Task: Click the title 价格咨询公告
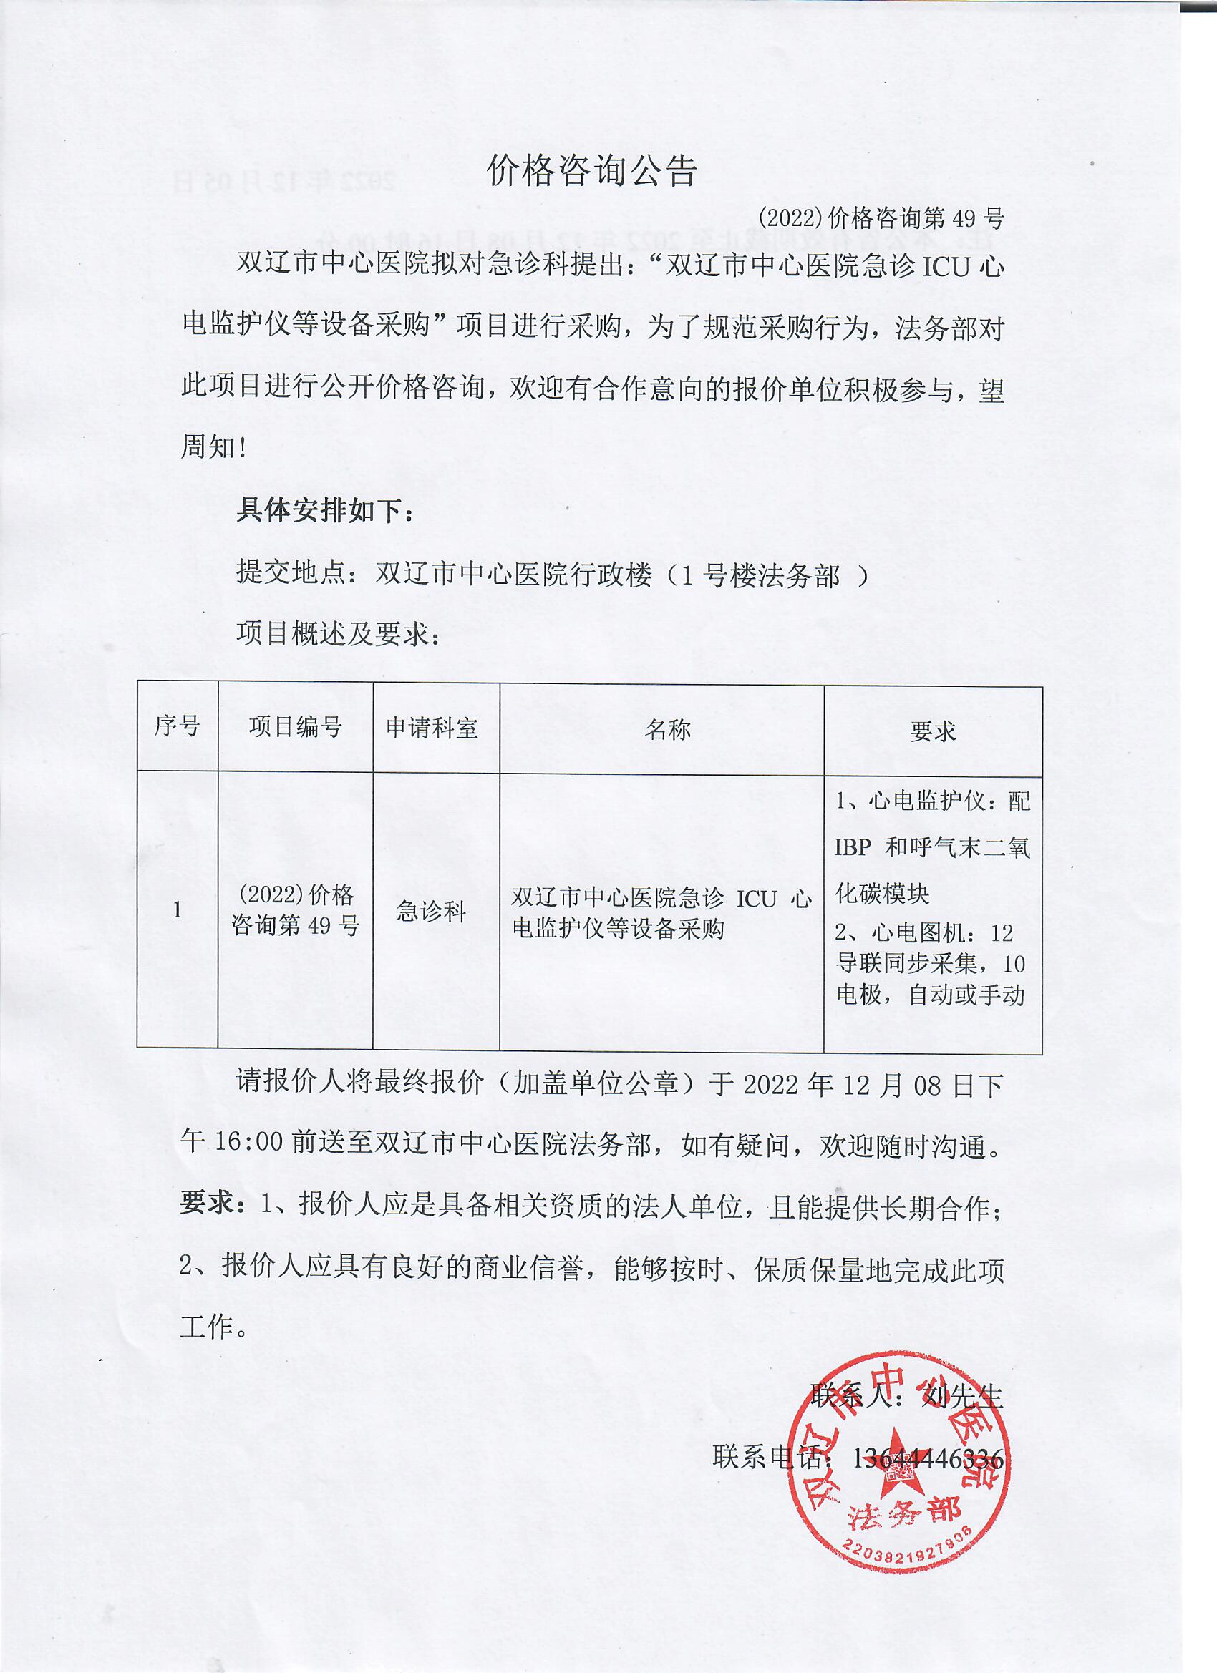592,172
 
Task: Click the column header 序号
177,726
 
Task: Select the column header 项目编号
295,727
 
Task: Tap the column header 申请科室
432,728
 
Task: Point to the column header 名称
668,730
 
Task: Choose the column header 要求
933,731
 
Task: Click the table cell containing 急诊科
432,912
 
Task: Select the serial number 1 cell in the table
177,909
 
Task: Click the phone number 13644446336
928,1458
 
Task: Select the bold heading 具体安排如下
325,510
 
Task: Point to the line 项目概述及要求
338,634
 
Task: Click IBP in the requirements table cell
853,847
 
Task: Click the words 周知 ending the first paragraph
209,447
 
